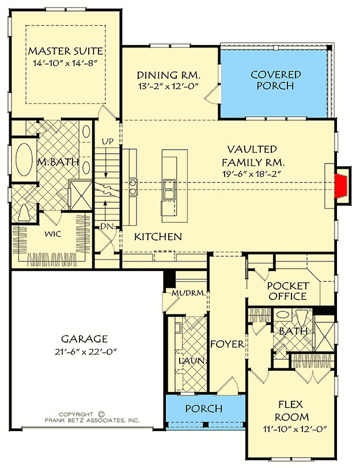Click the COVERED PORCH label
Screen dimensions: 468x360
click(x=276, y=80)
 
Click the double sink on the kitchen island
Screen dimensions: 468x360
click(x=170, y=188)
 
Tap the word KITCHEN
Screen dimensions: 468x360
click(x=158, y=237)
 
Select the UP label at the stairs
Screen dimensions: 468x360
click(x=107, y=141)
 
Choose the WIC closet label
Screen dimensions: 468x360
click(x=53, y=235)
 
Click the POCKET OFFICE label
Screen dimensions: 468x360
click(x=287, y=291)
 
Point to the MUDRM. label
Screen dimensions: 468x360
click(x=189, y=293)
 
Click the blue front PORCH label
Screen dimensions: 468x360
click(x=203, y=409)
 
